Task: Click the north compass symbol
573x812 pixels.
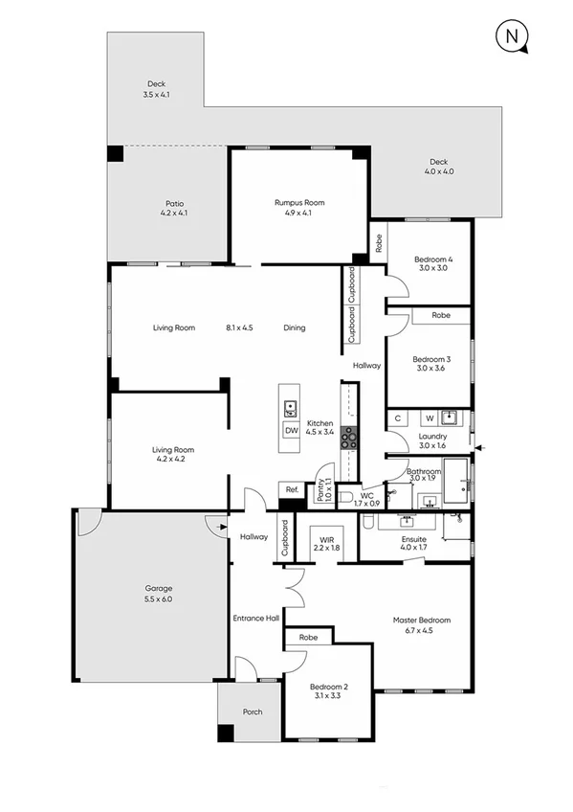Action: [x=513, y=37]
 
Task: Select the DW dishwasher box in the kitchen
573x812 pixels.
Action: [x=290, y=430]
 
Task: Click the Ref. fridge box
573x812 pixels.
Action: [x=290, y=489]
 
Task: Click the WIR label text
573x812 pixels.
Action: [x=326, y=540]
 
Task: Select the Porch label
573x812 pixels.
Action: [x=253, y=711]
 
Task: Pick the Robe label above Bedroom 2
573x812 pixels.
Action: [x=308, y=637]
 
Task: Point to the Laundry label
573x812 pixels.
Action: [x=432, y=440]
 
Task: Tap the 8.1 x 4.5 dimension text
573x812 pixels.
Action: [x=239, y=327]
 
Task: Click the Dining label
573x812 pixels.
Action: [x=295, y=327]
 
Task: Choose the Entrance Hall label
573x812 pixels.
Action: [x=254, y=619]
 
